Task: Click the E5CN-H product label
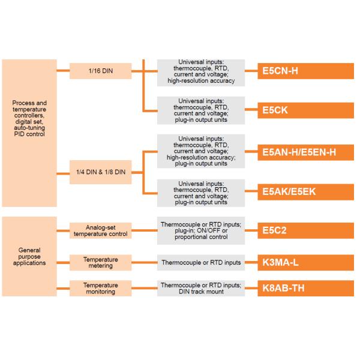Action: [x=306, y=71]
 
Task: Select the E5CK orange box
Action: [x=306, y=110]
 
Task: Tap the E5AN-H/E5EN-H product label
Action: [x=306, y=152]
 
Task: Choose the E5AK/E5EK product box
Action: [x=306, y=192]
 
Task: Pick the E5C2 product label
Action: [x=306, y=230]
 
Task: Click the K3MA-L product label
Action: [x=306, y=262]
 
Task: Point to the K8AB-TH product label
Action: [x=306, y=288]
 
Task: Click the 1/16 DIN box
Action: [x=100, y=71]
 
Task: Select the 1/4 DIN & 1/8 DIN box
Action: [x=100, y=172]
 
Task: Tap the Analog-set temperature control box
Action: [x=100, y=230]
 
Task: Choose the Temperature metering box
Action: [x=100, y=262]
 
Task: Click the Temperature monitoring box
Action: [x=100, y=288]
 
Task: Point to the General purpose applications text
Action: [x=29, y=256]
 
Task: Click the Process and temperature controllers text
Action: [x=29, y=118]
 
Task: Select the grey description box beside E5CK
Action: [x=201, y=110]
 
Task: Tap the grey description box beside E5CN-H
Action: [x=201, y=71]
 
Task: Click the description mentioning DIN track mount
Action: [x=201, y=288]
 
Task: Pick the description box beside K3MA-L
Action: [x=201, y=262]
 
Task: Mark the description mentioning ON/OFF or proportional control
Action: [x=201, y=230]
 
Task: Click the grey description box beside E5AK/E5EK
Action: [x=201, y=192]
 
